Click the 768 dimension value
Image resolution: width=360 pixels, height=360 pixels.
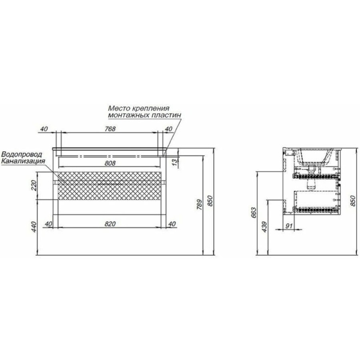(x=110, y=129)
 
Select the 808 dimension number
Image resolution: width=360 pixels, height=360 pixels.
(x=110, y=163)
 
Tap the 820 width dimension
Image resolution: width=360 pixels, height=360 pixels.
(x=110, y=224)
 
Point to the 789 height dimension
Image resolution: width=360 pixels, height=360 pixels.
(x=200, y=204)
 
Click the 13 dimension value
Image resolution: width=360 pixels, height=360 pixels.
(x=175, y=162)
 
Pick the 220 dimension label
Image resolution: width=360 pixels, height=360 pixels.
(x=34, y=186)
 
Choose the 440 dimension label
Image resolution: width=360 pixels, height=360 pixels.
(x=34, y=227)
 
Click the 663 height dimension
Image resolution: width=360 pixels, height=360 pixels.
(x=254, y=213)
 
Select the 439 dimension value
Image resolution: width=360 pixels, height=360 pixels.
(x=264, y=227)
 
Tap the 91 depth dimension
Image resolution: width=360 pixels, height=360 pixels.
(x=289, y=226)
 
